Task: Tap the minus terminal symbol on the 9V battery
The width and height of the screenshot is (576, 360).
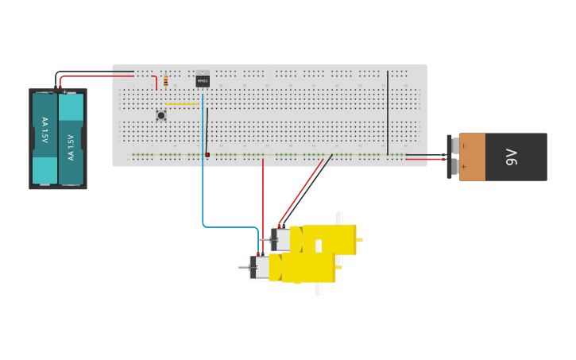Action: pos(463,146)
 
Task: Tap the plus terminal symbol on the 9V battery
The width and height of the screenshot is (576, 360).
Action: pos(463,167)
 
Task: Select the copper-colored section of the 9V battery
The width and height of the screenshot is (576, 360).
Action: pos(472,157)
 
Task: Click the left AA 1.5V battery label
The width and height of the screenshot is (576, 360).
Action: pos(44,130)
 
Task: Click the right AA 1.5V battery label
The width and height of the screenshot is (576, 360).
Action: pos(71,146)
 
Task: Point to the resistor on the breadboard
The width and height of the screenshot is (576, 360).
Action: pos(165,80)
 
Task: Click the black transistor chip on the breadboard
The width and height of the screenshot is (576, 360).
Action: pos(203,80)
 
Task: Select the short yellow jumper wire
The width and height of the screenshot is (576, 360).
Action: pos(182,103)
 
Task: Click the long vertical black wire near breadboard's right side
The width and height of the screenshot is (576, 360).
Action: pos(388,111)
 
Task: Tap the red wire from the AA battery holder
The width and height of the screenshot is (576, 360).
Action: pos(95,77)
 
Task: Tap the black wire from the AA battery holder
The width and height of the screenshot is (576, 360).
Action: pos(95,72)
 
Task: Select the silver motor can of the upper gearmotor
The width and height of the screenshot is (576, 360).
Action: pos(281,239)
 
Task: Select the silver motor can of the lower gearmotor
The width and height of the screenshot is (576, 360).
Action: pos(260,268)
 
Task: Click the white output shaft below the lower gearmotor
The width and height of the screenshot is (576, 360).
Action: pos(319,288)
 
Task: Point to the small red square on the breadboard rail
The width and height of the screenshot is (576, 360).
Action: pos(207,154)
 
